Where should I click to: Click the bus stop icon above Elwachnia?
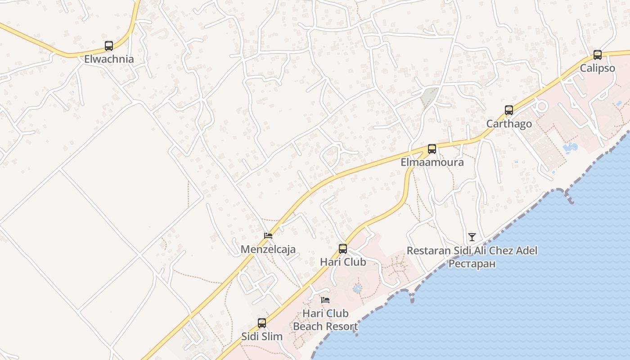coord(109,45)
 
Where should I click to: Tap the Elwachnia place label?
coord(109,59)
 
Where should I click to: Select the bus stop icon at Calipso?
coord(597,55)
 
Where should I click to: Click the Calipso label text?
coord(597,68)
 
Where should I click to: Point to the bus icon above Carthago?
coord(508,110)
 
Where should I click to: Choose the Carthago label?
coord(509,124)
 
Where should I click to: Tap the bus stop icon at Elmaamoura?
coord(432,149)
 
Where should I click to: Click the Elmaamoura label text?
coord(432,162)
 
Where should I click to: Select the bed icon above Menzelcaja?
coord(268,235)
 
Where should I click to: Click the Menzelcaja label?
coord(268,249)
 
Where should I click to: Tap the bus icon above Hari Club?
coord(343,248)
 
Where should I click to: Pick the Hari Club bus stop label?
coord(343,262)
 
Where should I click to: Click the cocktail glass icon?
coord(472,237)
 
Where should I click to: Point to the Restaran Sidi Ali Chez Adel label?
coord(472,251)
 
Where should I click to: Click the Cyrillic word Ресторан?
coord(472,263)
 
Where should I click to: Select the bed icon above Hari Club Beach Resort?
coord(325,300)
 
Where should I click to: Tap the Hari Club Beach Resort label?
coord(325,320)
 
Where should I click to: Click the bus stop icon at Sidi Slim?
coord(262,323)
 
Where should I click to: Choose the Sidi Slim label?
coord(262,336)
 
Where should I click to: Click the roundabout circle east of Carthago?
coord(541,107)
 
